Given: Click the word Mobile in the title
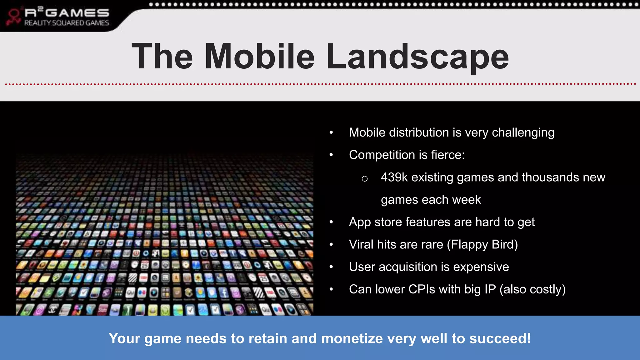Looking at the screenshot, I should click(x=259, y=56).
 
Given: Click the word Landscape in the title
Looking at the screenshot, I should click(x=417, y=56).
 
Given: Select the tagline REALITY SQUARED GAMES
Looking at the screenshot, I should click(x=67, y=23).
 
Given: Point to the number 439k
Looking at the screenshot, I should click(x=394, y=177).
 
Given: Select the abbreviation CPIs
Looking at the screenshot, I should click(x=422, y=289).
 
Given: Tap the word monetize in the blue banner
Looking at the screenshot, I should click(x=352, y=338).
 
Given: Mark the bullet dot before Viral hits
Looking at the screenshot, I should click(x=331, y=244).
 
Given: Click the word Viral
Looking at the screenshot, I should click(x=361, y=245).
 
